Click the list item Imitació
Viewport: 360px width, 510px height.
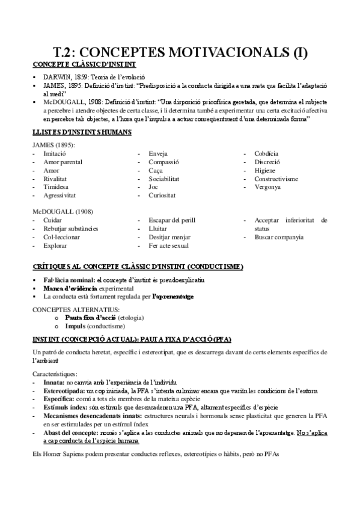coord(55,154)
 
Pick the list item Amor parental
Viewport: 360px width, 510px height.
coord(63,162)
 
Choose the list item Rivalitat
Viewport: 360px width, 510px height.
coord(55,179)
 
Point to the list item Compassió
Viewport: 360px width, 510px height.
coord(166,162)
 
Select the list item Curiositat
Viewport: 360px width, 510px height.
coord(164,195)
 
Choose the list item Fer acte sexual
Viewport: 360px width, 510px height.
coord(169,245)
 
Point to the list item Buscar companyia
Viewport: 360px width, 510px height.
coord(279,237)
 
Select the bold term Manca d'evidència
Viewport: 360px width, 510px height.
coord(70,289)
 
